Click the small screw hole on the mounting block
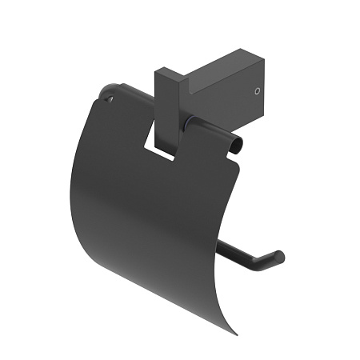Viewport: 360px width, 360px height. (257, 92)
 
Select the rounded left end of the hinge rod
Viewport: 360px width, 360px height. (106, 91)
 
